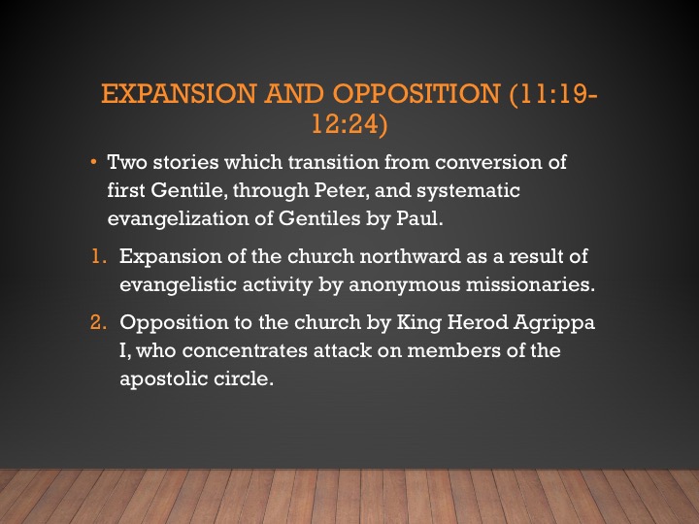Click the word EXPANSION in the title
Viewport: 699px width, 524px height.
pos(179,93)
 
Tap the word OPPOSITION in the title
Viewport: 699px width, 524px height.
pos(416,93)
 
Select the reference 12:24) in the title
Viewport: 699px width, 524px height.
pos(349,123)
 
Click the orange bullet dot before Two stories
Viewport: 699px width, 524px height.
pos(93,162)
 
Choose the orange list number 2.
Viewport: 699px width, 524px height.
pos(98,322)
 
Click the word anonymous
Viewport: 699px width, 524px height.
pos(404,284)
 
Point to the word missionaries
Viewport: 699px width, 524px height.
pos(530,284)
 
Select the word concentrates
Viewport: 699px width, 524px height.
pos(245,350)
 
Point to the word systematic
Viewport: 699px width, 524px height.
pos(468,191)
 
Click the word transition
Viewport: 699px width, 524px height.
pos(333,162)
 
